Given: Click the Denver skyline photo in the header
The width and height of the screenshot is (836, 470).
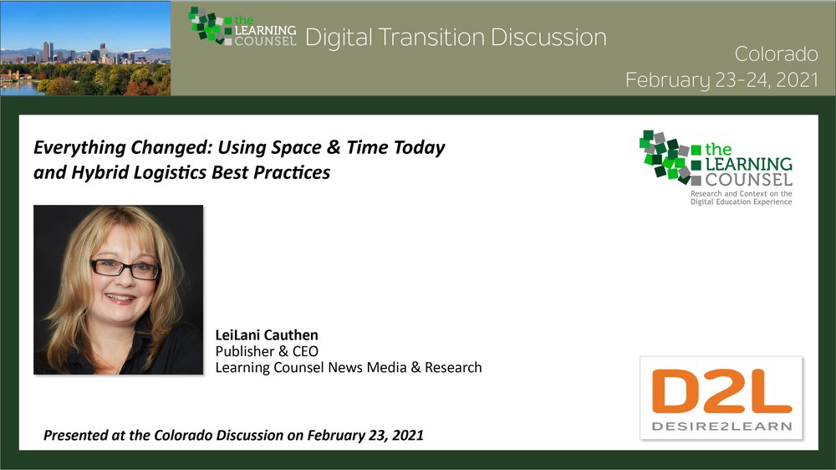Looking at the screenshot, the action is click(x=85, y=48).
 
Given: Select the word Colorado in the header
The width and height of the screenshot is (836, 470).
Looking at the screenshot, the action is click(x=776, y=54).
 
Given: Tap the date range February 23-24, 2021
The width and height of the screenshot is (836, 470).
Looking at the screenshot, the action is click(x=721, y=79).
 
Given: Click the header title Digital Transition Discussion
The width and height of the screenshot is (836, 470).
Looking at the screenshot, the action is click(x=456, y=38).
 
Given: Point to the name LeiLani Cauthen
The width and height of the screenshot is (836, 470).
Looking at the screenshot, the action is click(x=267, y=335).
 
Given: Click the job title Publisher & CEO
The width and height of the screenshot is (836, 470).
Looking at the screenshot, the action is click(x=267, y=351).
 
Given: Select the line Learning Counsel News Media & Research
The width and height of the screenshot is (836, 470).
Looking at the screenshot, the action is click(x=349, y=368).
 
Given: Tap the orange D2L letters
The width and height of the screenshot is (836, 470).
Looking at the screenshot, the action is click(x=721, y=391).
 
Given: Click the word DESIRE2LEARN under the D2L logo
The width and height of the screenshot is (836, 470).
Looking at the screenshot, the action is click(x=721, y=427).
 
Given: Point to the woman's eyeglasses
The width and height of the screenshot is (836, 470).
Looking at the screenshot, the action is click(x=126, y=268).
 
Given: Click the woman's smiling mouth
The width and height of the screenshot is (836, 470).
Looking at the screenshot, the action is click(x=120, y=299).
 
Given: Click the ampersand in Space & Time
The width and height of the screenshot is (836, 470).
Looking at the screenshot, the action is click(x=334, y=147).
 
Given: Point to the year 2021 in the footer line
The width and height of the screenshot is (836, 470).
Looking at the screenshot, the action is click(x=408, y=436).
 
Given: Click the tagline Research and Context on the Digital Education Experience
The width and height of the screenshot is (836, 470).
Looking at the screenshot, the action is click(x=741, y=198).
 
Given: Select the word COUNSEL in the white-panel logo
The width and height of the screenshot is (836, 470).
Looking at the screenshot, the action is click(x=748, y=179).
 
